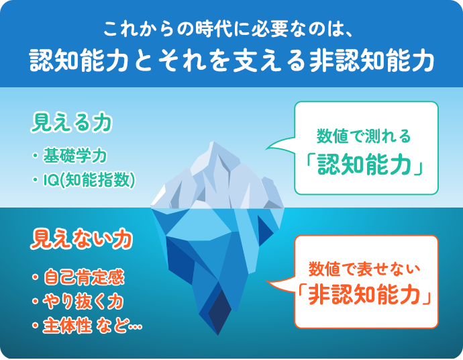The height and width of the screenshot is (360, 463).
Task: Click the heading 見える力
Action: (71, 124)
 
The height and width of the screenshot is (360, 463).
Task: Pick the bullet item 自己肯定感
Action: (85, 277)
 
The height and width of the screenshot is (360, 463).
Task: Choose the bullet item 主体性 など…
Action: (92, 326)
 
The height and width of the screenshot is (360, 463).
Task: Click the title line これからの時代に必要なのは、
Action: (232, 30)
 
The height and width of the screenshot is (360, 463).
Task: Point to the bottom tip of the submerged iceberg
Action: (216, 333)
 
